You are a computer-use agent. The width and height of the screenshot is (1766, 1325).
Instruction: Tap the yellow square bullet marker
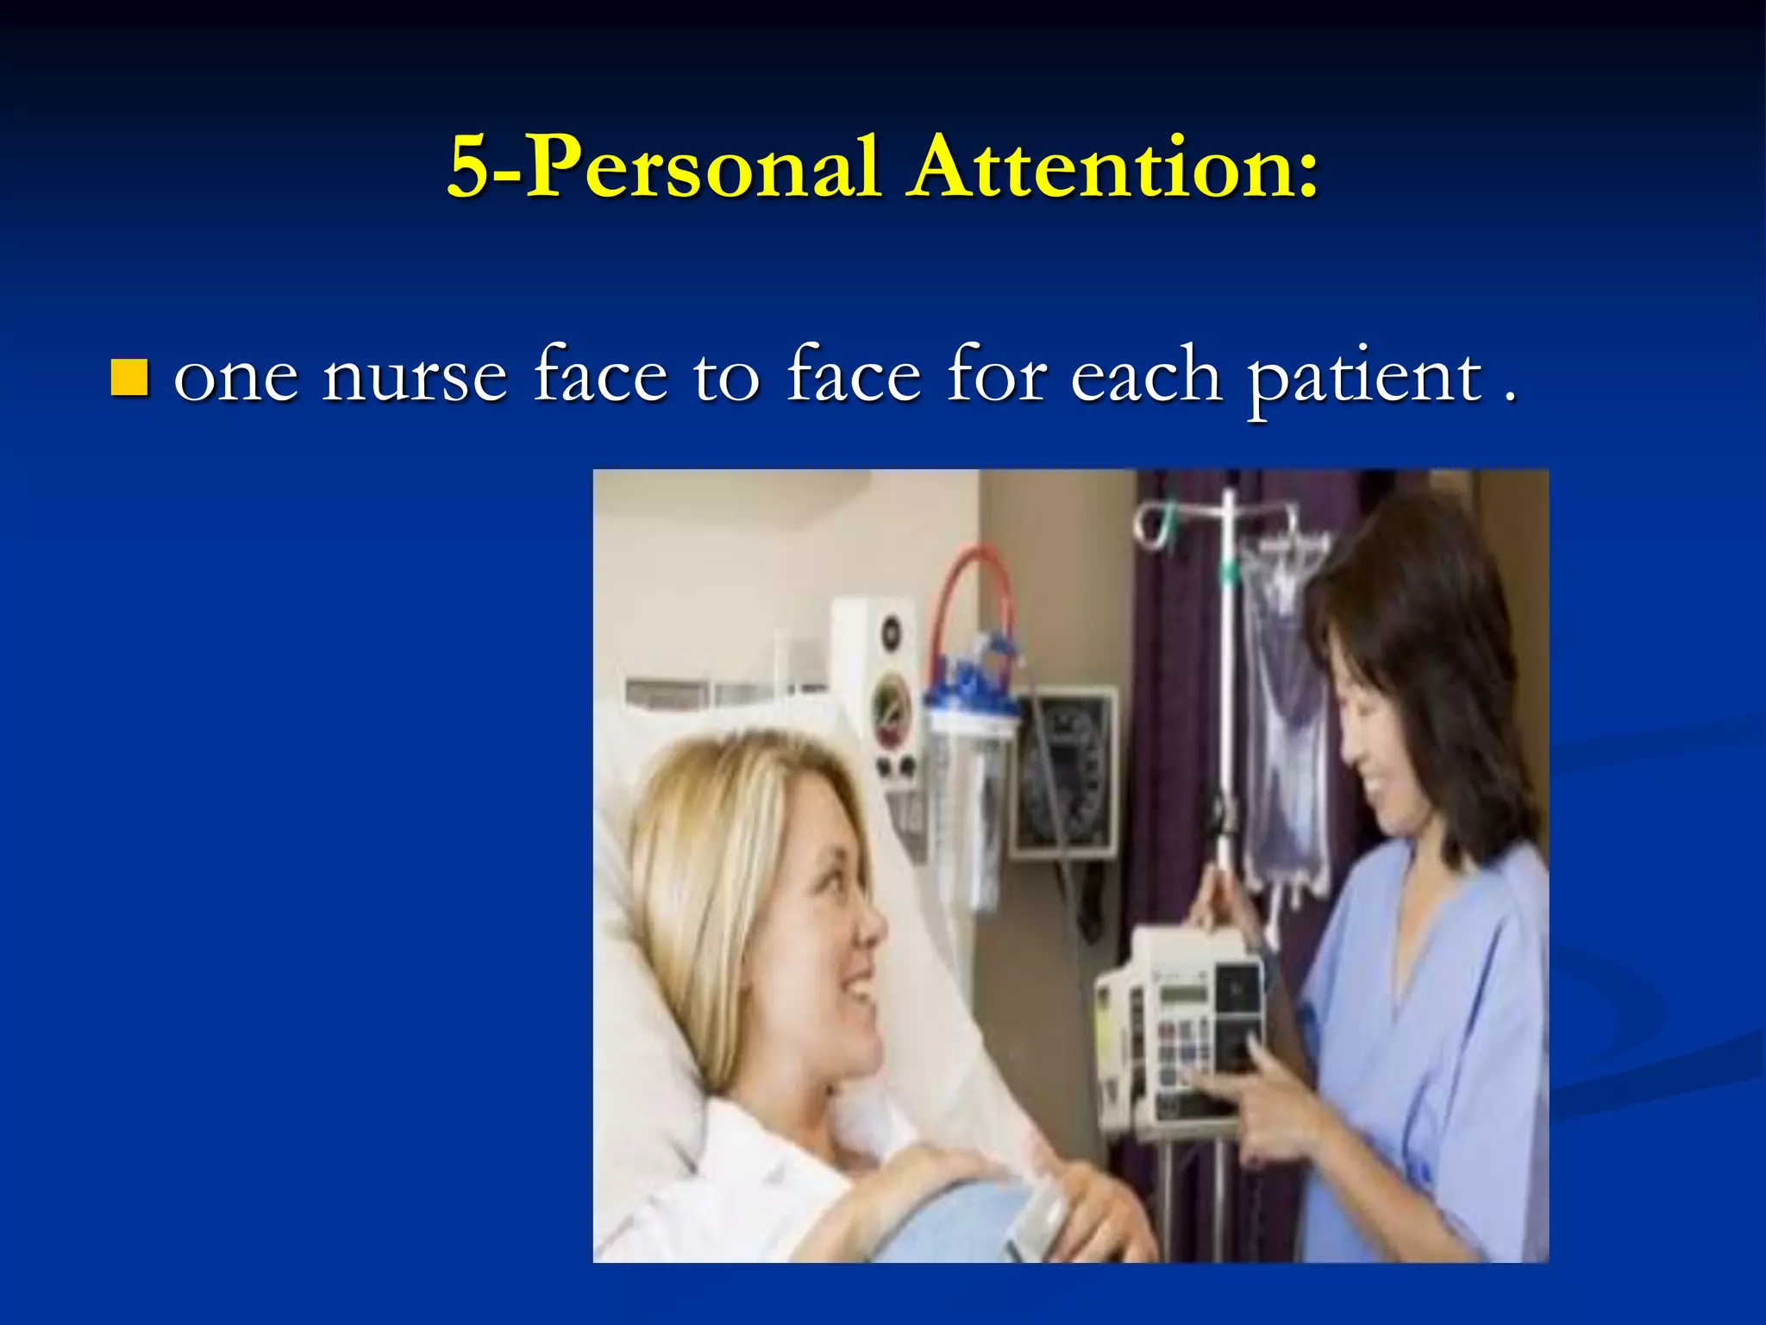129,377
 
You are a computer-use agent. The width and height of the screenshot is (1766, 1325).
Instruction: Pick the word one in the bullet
235,380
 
